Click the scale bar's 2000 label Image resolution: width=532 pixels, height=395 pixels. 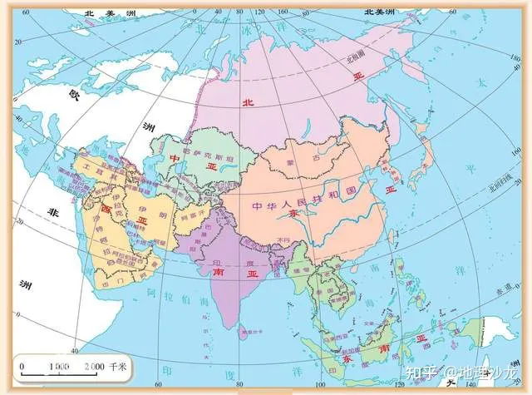click(93, 367)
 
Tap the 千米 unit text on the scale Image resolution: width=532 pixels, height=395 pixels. click(119, 367)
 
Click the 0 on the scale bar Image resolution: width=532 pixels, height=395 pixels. click(22, 367)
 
